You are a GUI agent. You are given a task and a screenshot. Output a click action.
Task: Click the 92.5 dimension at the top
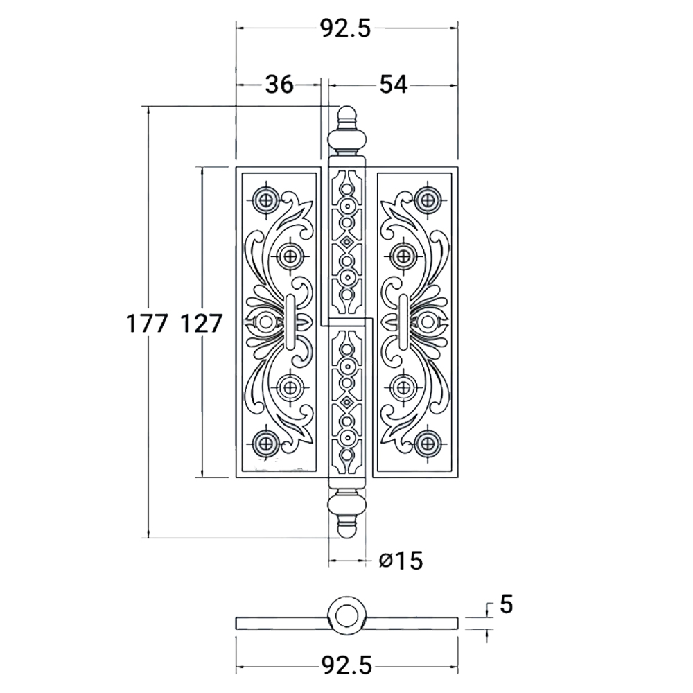(346, 28)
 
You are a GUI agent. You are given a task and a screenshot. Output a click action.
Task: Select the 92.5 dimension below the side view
(346, 666)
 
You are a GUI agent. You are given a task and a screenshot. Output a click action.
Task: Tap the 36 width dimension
(279, 85)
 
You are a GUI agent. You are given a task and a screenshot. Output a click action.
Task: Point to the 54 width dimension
(393, 85)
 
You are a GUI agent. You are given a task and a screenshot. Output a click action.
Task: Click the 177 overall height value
(147, 323)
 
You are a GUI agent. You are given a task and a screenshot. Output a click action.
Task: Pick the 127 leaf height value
(201, 323)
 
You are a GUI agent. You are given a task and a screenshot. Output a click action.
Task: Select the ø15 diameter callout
(401, 560)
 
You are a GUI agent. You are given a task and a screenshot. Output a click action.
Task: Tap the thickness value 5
(506, 604)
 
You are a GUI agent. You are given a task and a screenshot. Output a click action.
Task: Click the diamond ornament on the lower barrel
(346, 401)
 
